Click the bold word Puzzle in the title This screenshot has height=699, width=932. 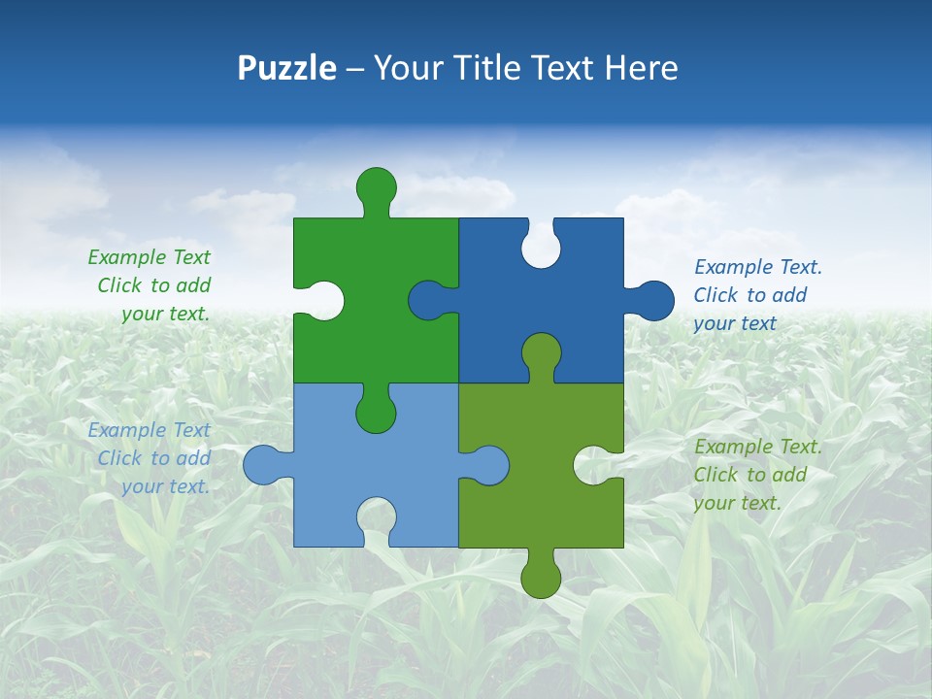coord(287,68)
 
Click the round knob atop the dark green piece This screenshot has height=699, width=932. coord(376,185)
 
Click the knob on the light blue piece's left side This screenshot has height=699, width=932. coord(261,465)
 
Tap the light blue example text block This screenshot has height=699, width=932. coord(151,458)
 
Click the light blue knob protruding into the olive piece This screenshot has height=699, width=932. coord(490,465)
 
